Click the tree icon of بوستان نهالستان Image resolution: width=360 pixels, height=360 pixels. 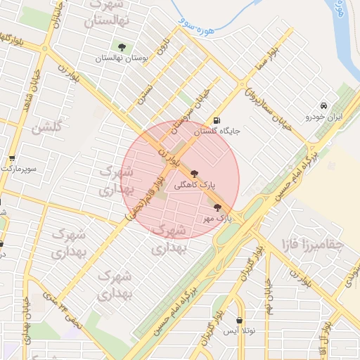click(x=122, y=47)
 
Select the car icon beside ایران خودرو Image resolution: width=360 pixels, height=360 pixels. click(x=322, y=103)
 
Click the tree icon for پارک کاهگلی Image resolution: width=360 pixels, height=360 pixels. click(x=194, y=173)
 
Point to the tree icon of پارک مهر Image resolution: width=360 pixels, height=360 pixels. click(x=217, y=207)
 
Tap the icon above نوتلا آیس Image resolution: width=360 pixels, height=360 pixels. click(x=240, y=320)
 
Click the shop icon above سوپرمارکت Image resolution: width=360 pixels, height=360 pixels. click(x=11, y=159)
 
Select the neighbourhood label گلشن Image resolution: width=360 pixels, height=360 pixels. click(x=48, y=128)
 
